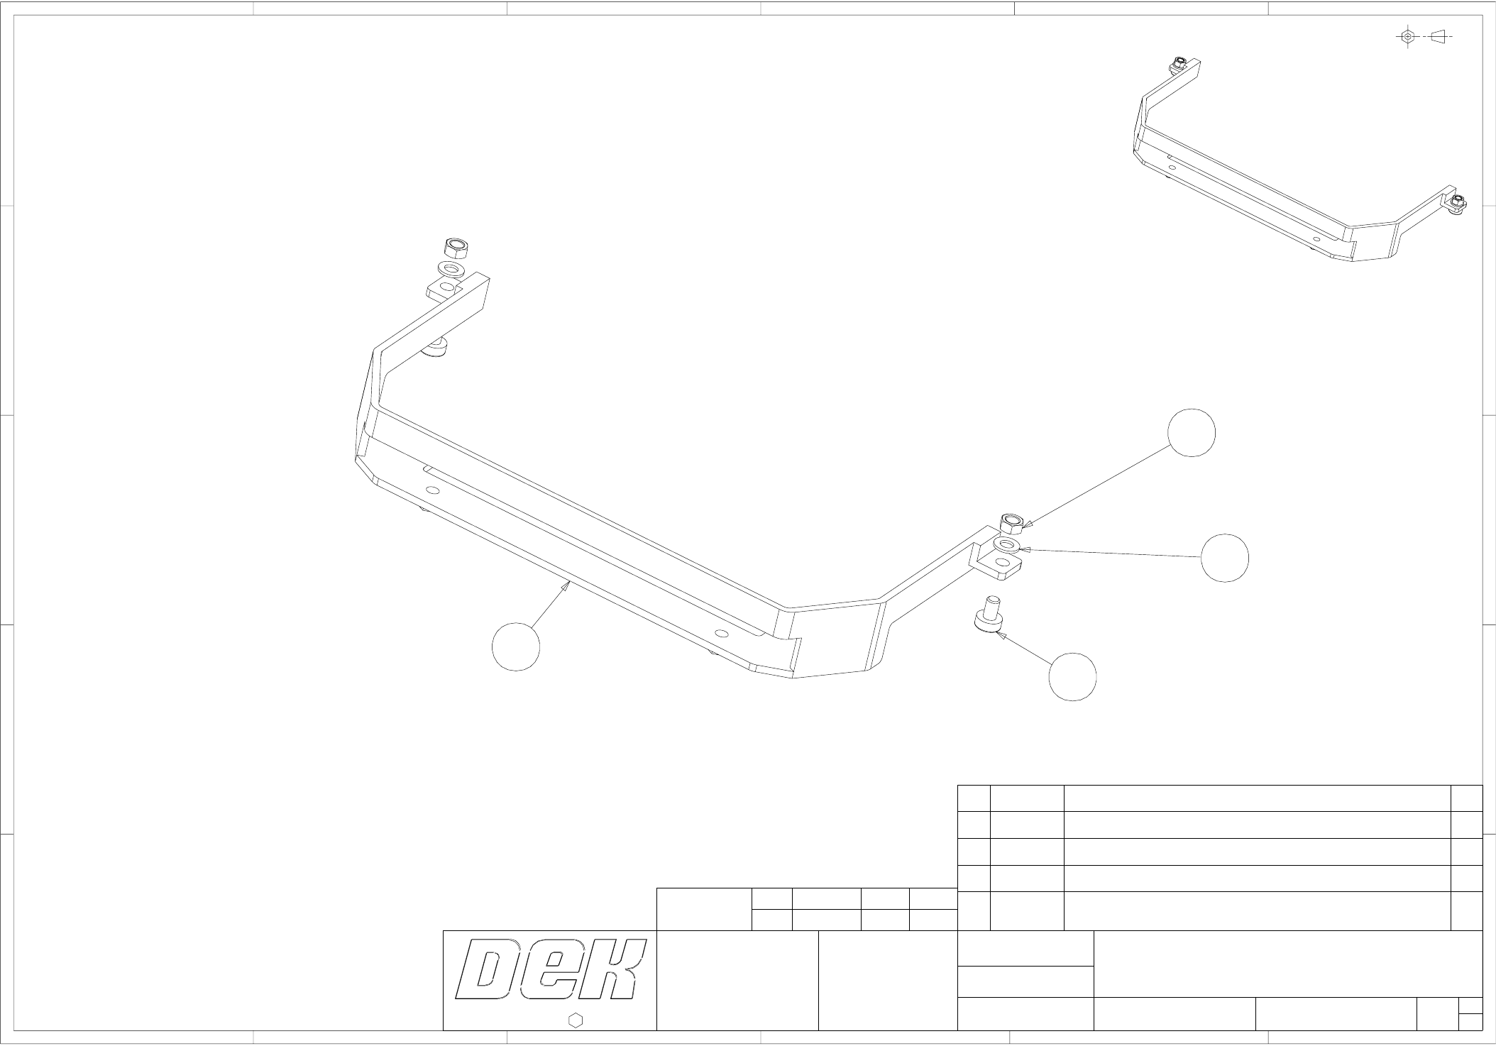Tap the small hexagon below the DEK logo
(576, 1020)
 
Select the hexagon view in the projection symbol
(1408, 36)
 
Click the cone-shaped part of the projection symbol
(1438, 35)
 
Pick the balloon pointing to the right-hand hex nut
(1192, 433)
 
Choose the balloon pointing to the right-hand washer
(1225, 558)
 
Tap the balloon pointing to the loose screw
(1072, 677)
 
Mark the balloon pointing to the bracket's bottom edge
(516, 646)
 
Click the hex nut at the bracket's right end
(1011, 524)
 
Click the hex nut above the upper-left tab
(456, 248)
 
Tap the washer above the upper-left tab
(451, 270)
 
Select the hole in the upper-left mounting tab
(446, 287)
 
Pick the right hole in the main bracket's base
(722, 633)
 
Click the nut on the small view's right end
(1457, 203)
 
